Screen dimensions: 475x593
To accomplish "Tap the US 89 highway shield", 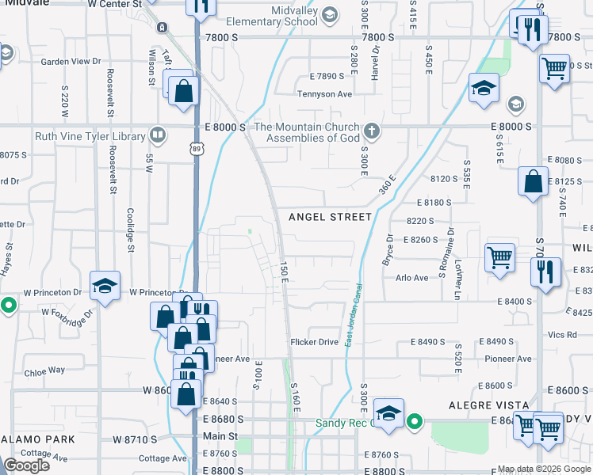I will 197,148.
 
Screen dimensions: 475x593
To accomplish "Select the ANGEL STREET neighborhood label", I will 330,216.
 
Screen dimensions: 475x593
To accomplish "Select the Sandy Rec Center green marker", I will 414,423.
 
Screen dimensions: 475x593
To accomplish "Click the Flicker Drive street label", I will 315,342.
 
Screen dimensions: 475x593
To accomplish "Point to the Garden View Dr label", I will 71,61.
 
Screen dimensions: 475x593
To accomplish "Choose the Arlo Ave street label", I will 411,278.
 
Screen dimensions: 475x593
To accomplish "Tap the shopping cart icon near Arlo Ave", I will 499,258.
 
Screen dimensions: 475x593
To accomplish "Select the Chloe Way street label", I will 44,370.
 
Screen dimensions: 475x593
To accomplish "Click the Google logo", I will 26,465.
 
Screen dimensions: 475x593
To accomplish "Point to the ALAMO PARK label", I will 37,439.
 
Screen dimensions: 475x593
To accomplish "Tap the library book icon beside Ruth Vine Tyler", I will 158,135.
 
